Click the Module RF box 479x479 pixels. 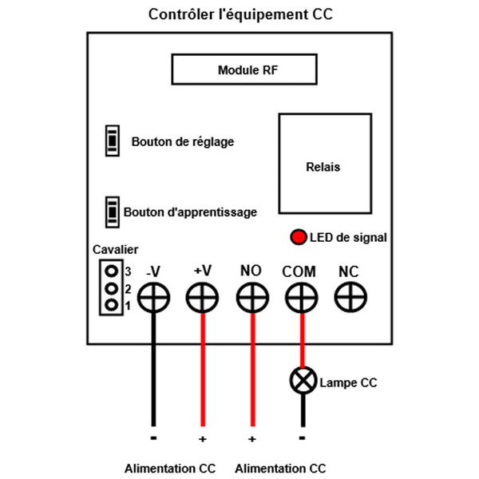click(x=247, y=70)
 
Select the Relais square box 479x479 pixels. click(x=324, y=166)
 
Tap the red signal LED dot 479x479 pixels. click(x=299, y=237)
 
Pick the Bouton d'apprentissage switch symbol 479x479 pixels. click(x=113, y=212)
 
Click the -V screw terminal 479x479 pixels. click(x=153, y=299)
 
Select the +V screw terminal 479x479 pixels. click(x=203, y=299)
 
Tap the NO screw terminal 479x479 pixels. click(x=252, y=299)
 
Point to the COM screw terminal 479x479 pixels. click(x=301, y=299)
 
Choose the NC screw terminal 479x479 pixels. click(x=349, y=299)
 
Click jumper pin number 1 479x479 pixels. click(x=111, y=305)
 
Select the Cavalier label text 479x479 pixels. click(x=116, y=249)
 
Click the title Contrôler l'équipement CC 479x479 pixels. click(x=239, y=15)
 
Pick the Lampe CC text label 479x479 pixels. click(x=347, y=383)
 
